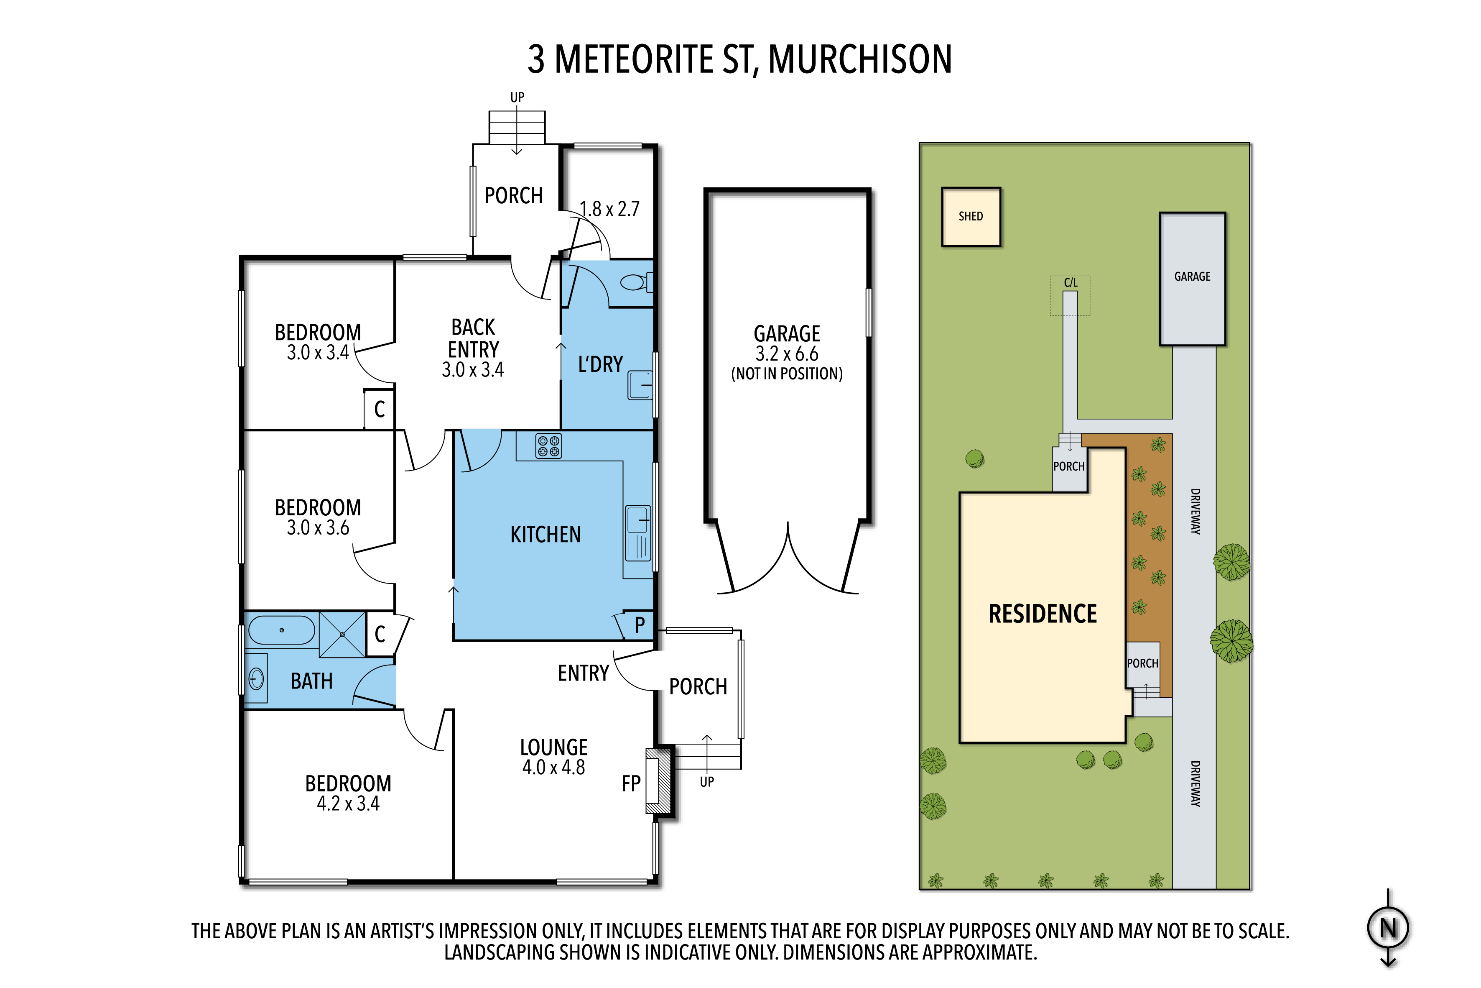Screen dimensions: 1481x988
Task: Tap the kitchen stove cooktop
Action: click(x=548, y=446)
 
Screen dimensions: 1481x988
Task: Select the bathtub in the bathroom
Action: click(x=281, y=630)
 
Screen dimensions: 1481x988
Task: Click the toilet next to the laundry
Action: click(x=635, y=282)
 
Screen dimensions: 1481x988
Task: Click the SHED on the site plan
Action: click(x=970, y=217)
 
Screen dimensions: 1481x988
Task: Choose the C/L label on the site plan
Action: click(x=1071, y=283)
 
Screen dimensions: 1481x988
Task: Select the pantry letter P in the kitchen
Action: click(x=640, y=625)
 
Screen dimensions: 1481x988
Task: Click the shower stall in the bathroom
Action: click(x=342, y=635)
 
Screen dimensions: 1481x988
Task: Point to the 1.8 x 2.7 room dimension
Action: click(x=609, y=209)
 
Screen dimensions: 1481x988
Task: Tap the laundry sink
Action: click(x=640, y=385)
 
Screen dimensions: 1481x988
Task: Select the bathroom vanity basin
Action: click(x=256, y=678)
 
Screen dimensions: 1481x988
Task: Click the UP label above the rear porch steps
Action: click(x=517, y=97)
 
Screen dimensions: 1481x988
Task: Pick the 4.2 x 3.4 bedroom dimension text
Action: click(x=348, y=804)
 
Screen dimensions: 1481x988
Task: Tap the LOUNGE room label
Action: click(x=553, y=747)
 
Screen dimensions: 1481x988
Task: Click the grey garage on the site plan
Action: click(x=1192, y=279)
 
